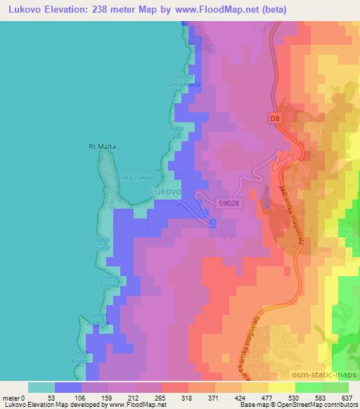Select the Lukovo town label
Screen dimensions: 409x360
pyautogui.click(x=167, y=190)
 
